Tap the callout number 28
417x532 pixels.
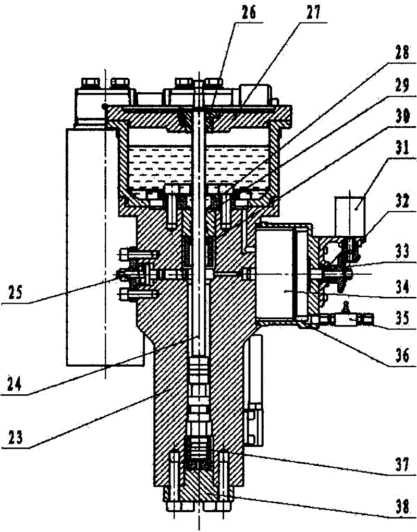point(402,53)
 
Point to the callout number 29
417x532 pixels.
point(402,87)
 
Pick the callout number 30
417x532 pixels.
point(402,116)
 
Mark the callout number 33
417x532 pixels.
point(402,253)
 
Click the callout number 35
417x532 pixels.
point(402,319)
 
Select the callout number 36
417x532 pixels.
point(402,356)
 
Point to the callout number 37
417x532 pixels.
point(402,464)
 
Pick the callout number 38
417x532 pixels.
point(402,508)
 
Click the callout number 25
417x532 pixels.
point(15,292)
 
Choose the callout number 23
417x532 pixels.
point(15,438)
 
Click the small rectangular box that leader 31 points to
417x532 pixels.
point(350,216)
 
